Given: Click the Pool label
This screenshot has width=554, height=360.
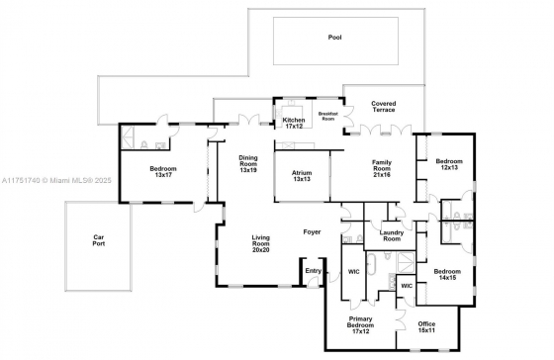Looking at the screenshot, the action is pyautogui.click(x=334, y=38).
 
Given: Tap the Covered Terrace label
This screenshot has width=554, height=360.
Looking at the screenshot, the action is pyautogui.click(x=384, y=107).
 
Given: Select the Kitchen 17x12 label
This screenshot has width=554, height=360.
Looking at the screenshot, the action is pyautogui.click(x=294, y=123).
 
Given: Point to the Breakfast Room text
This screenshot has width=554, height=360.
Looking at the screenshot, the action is pyautogui.click(x=327, y=117).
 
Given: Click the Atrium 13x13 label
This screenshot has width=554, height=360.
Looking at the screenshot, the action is pyautogui.click(x=302, y=176).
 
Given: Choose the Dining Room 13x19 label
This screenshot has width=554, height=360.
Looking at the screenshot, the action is pyautogui.click(x=248, y=163).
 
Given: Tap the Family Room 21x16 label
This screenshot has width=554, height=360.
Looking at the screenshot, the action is pyautogui.click(x=382, y=168).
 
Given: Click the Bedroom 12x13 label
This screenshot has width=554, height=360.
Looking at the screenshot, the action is pyautogui.click(x=449, y=164).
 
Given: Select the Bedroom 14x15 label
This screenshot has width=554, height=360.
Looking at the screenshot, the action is pyautogui.click(x=447, y=275).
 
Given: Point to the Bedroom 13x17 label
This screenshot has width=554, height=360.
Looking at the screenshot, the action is pyautogui.click(x=163, y=172).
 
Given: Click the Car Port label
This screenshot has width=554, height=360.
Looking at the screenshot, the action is pyautogui.click(x=99, y=240).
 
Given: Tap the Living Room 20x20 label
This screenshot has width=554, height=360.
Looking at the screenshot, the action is pyautogui.click(x=261, y=243).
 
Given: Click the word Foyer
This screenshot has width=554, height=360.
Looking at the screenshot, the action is pyautogui.click(x=312, y=232).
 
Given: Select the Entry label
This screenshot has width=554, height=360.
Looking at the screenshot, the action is pyautogui.click(x=313, y=271).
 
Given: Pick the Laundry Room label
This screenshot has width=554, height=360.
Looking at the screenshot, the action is pyautogui.click(x=392, y=235).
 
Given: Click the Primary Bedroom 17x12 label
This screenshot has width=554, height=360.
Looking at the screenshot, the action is pyautogui.click(x=360, y=325).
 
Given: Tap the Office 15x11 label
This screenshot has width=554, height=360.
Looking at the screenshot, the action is pyautogui.click(x=426, y=327).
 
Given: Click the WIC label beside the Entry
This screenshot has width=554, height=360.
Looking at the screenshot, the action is pyautogui.click(x=354, y=272).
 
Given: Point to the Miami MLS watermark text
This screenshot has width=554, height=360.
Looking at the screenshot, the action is pyautogui.click(x=56, y=181).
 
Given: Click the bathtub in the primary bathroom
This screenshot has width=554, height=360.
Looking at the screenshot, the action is pyautogui.click(x=372, y=264).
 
